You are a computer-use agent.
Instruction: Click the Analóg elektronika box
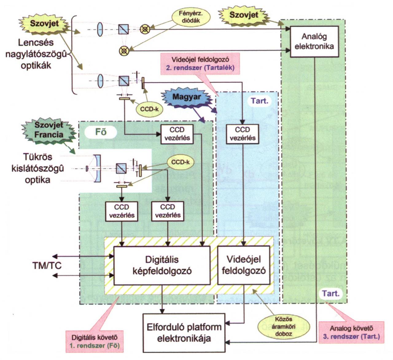[x=314, y=41]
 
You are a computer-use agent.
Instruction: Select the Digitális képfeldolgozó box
[x=162, y=265]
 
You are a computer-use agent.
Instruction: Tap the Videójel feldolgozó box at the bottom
[x=244, y=265]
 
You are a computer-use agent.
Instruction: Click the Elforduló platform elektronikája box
[x=184, y=333]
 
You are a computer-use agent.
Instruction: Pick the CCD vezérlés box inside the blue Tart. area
[x=243, y=134]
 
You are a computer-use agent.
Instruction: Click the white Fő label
[x=101, y=132]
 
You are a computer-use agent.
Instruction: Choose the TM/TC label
[x=47, y=265]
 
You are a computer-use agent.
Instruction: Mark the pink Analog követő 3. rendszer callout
[x=352, y=333]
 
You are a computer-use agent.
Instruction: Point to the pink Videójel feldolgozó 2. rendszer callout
[x=200, y=64]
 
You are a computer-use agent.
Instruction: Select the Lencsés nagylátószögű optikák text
[x=36, y=54]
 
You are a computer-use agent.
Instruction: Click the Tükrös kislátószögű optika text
[x=37, y=168]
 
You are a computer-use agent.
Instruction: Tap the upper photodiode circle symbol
[x=145, y=29]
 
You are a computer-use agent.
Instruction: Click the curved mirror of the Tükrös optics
[x=98, y=168]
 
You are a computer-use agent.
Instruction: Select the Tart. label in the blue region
[x=259, y=101]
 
